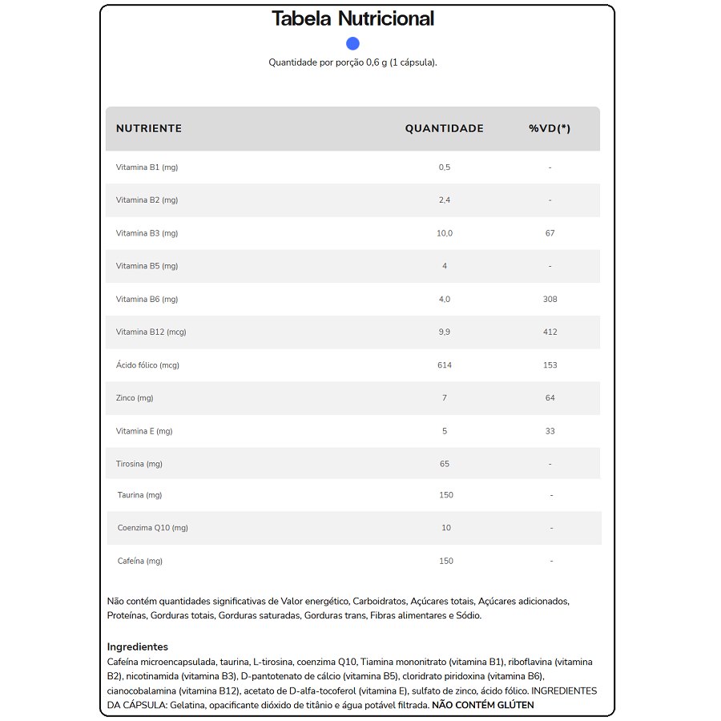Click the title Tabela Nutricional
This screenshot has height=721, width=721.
point(352,18)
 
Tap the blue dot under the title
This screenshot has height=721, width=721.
point(352,43)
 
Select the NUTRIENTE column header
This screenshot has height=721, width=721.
point(149,128)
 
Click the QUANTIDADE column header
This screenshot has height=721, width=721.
point(444,128)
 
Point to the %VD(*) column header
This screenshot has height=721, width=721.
point(550,128)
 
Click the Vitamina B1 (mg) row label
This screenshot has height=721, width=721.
point(147,167)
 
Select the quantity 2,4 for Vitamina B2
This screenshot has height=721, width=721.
point(445,200)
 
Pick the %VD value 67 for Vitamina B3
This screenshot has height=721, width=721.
point(550,233)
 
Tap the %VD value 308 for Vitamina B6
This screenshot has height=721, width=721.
point(550,299)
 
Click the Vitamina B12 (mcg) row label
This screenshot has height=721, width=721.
point(151,332)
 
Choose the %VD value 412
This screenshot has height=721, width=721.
point(550,332)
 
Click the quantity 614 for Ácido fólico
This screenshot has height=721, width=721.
point(445,365)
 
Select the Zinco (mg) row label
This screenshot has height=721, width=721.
point(135,398)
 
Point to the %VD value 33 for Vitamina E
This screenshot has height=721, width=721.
point(550,431)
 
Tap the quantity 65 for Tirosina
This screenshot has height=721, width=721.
point(445,464)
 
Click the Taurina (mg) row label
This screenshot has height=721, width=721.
point(139,495)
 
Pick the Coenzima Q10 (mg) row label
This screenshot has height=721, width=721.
point(152,528)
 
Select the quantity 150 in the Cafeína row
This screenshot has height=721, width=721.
point(446,561)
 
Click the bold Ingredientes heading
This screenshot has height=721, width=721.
point(138,646)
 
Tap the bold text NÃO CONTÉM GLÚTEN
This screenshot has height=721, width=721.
point(482,705)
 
